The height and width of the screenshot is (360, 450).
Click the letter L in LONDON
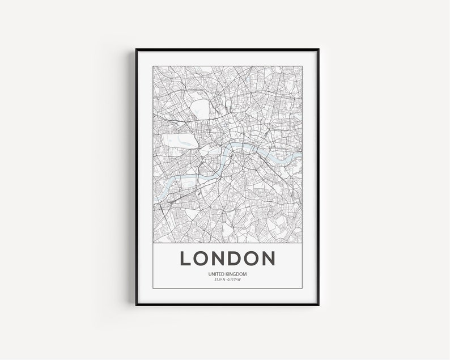pos(186,258)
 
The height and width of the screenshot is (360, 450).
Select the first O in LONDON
pos(201,258)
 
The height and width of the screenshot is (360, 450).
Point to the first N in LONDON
pos(218,258)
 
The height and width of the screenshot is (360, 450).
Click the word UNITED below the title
pos(217,275)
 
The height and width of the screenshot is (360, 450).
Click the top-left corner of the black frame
pos(136,50)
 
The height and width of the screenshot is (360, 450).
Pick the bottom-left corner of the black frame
pos(136,306)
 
